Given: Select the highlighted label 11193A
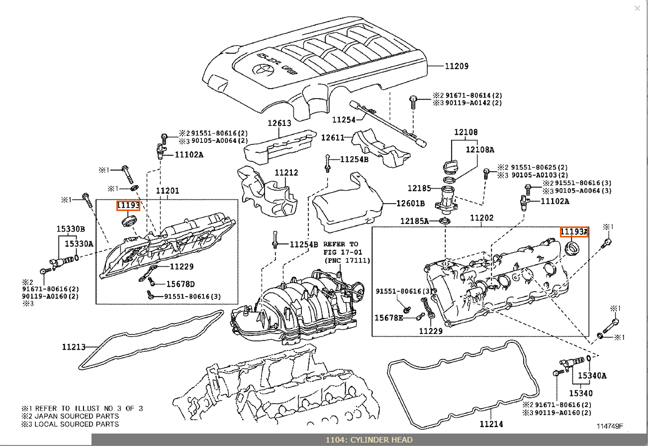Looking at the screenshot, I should click(574, 232).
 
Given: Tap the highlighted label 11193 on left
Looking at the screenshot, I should click(128, 206).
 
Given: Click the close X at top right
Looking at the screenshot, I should click(638, 8).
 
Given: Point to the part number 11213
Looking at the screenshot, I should click(74, 347).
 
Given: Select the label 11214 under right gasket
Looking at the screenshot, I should click(491, 424).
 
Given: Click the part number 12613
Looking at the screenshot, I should click(279, 123).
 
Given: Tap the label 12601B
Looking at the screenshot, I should click(410, 204).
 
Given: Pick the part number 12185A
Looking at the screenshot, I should click(414, 221).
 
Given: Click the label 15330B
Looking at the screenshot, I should click(70, 229).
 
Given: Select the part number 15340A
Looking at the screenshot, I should click(592, 376).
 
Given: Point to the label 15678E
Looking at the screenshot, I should click(388, 318).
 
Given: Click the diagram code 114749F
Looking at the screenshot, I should click(610, 426).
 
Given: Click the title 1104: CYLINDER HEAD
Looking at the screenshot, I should click(369, 440).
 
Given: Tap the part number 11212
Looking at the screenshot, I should click(286, 173).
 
